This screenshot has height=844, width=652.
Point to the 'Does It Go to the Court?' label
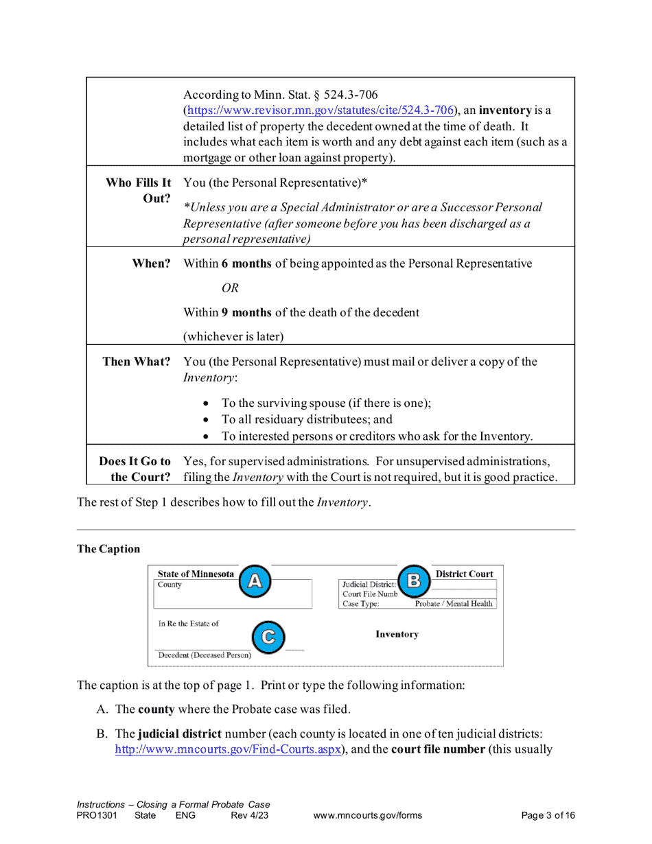pyautogui.click(x=135, y=468)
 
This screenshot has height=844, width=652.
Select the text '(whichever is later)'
pyautogui.click(x=234, y=336)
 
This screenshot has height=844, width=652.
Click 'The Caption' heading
pyautogui.click(x=108, y=549)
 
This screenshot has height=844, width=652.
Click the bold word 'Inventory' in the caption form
pyautogui.click(x=397, y=635)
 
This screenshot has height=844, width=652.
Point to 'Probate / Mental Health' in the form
pyautogui.click(x=454, y=604)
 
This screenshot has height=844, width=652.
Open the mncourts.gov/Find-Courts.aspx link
pyautogui.click(x=227, y=749)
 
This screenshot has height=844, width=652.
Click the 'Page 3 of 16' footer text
pyautogui.click(x=548, y=815)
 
